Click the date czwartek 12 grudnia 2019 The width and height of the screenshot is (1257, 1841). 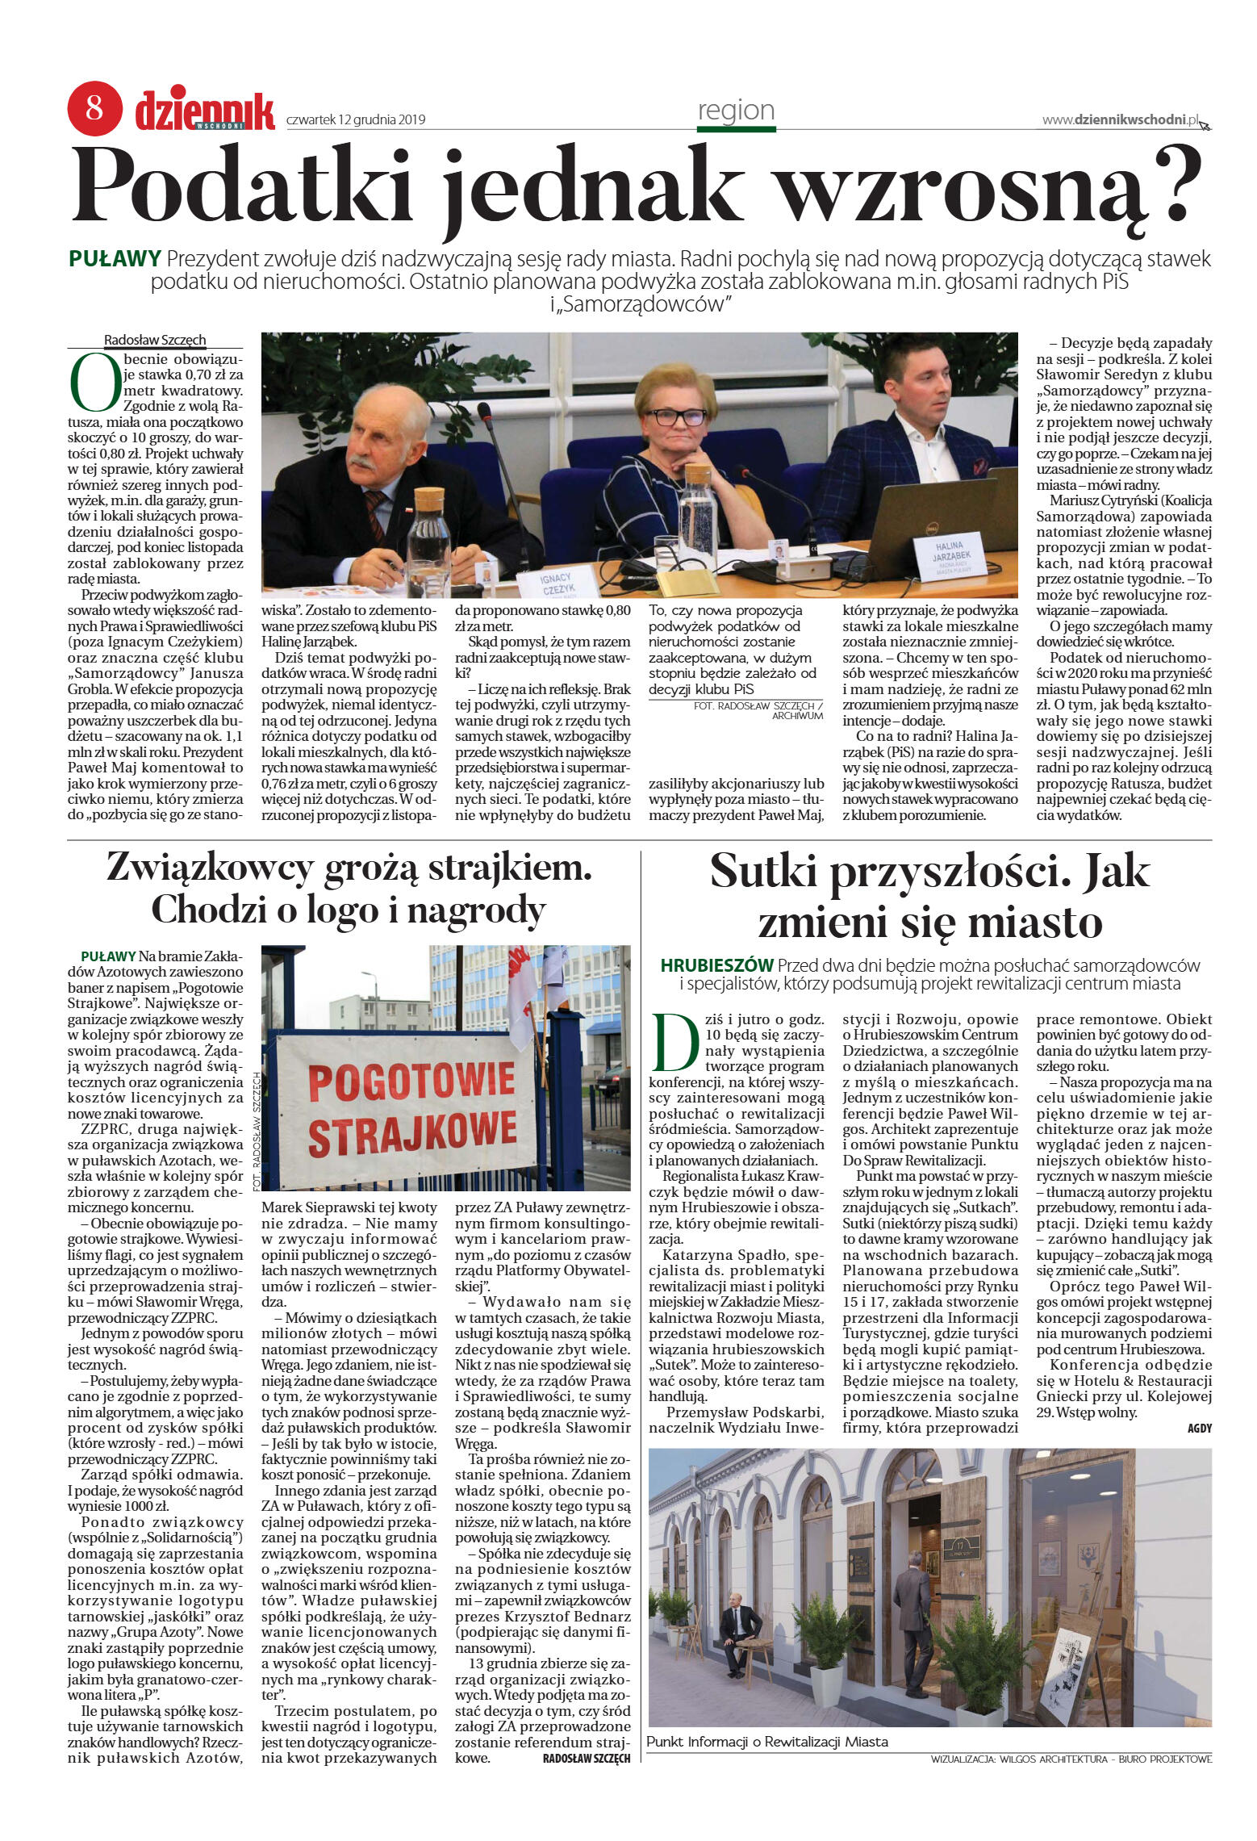(356, 120)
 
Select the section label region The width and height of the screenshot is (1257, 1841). (736, 111)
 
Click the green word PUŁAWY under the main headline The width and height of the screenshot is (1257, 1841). (115, 259)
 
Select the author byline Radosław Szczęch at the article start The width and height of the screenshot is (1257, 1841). (155, 340)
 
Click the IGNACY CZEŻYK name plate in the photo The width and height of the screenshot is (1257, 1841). (556, 583)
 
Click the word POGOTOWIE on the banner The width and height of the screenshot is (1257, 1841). (411, 1082)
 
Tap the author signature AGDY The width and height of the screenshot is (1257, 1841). (1199, 1428)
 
